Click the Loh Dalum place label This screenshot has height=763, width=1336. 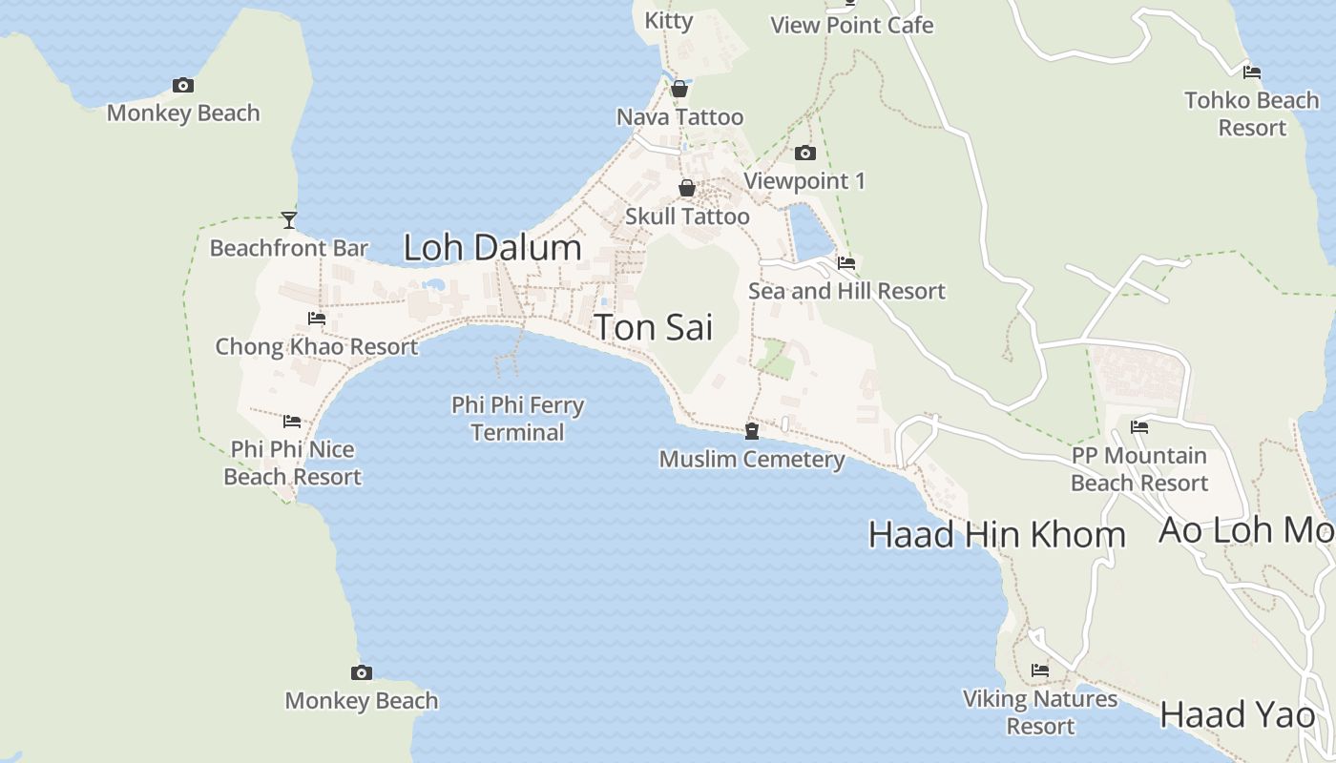[x=492, y=248]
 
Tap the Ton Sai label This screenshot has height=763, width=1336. [x=654, y=328]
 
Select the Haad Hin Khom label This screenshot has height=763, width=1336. [x=997, y=535]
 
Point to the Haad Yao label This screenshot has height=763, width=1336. [x=1238, y=715]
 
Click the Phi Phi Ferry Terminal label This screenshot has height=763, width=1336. [x=517, y=419]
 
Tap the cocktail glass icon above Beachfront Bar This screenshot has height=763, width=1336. [x=289, y=220]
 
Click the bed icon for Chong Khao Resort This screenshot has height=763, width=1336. [x=317, y=319]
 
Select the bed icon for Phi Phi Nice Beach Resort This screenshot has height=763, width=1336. [x=292, y=422]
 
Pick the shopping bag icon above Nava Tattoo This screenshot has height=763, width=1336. [x=679, y=89]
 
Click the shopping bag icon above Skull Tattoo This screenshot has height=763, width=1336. [x=687, y=188]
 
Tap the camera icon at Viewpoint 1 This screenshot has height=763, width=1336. [x=805, y=153]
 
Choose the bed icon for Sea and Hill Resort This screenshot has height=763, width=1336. [x=846, y=263]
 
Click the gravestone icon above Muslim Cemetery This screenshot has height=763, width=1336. [x=752, y=431]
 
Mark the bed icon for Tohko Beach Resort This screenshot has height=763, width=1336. [x=1252, y=72]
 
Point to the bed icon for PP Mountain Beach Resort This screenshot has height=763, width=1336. [x=1139, y=427]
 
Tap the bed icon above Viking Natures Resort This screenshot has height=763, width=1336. [x=1040, y=670]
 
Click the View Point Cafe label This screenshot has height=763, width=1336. [x=851, y=26]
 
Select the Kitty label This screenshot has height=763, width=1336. [x=669, y=20]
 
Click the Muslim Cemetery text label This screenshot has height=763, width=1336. [x=752, y=460]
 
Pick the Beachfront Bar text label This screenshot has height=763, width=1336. [x=289, y=249]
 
